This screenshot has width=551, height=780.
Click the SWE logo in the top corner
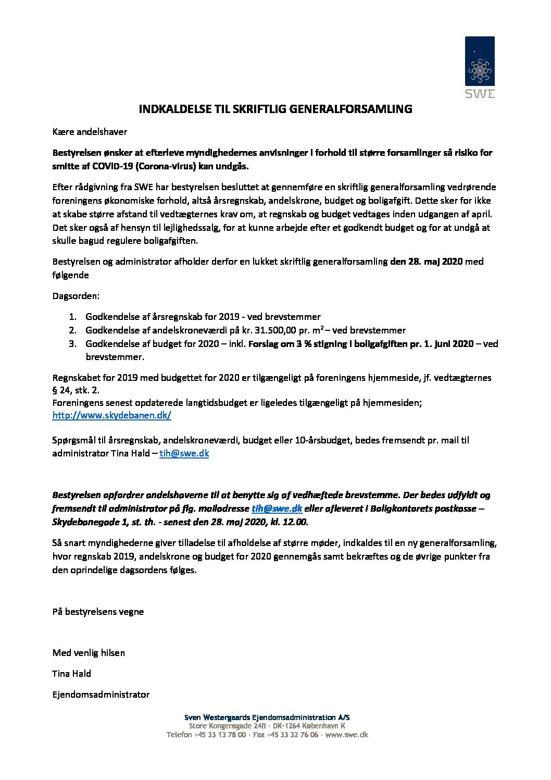tap(480, 67)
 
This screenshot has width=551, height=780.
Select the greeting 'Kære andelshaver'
tap(90, 132)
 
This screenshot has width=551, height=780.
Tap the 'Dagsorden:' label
tap(76, 296)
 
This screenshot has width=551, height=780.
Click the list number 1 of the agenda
tap(72, 317)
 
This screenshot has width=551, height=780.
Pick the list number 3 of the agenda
tap(72, 344)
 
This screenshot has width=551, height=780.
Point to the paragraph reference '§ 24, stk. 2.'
tap(76, 390)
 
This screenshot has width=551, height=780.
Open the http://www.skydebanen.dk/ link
tap(111, 415)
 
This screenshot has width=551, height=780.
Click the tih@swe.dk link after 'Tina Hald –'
tap(184, 453)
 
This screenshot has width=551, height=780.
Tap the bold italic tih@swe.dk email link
tap(277, 509)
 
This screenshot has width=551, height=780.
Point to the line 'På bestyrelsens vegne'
tap(98, 612)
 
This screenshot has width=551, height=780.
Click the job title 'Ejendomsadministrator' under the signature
tap(101, 695)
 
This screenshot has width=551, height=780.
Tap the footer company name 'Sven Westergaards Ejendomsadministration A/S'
tap(267, 717)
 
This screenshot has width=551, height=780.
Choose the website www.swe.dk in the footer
tap(346, 735)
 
